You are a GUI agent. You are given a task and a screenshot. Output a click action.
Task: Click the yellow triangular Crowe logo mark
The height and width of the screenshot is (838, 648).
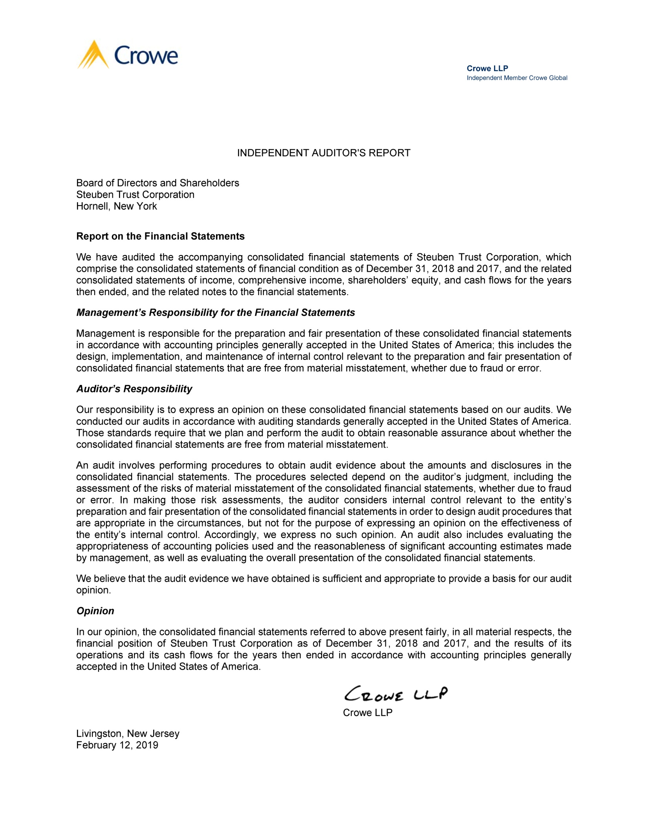click(x=93, y=55)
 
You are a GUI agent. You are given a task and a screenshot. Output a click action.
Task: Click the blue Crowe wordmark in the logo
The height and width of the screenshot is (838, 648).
click(x=146, y=55)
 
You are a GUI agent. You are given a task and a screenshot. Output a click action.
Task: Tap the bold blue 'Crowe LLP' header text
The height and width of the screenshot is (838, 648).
click(x=487, y=68)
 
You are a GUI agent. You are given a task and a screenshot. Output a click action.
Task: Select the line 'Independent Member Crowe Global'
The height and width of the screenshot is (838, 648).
click(x=517, y=78)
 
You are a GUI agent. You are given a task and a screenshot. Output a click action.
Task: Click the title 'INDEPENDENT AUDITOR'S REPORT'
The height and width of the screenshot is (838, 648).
click(x=324, y=153)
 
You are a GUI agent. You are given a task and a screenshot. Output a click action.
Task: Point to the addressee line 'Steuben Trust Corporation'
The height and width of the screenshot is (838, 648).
click(x=135, y=195)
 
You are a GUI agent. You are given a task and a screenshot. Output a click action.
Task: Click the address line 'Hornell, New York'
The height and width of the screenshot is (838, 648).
click(x=116, y=206)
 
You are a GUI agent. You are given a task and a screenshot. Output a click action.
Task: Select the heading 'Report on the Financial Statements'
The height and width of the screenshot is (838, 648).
click(x=160, y=236)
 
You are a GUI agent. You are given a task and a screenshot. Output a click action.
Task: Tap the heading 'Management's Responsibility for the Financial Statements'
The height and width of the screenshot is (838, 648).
click(x=215, y=312)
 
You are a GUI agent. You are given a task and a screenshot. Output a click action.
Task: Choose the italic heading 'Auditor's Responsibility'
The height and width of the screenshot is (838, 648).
click(x=134, y=389)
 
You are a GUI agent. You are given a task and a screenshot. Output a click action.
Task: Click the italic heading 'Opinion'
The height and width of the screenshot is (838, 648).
click(x=95, y=611)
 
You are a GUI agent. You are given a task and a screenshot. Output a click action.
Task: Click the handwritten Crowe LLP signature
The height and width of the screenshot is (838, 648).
click(x=395, y=694)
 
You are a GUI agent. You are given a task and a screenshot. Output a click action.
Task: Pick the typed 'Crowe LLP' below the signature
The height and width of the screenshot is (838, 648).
click(x=368, y=712)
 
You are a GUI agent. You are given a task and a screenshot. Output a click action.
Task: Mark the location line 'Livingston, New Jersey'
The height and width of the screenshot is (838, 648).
click(x=128, y=733)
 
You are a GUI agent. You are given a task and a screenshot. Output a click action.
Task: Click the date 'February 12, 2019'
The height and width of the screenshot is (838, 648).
click(x=117, y=745)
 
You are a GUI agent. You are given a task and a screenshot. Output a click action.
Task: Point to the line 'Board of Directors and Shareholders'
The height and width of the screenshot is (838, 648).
click(x=157, y=183)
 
